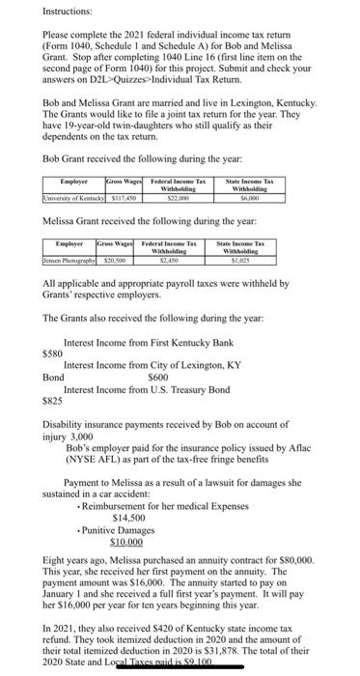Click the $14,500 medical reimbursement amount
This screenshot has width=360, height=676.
[x=130, y=516]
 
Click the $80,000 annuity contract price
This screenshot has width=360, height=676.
[x=291, y=559]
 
